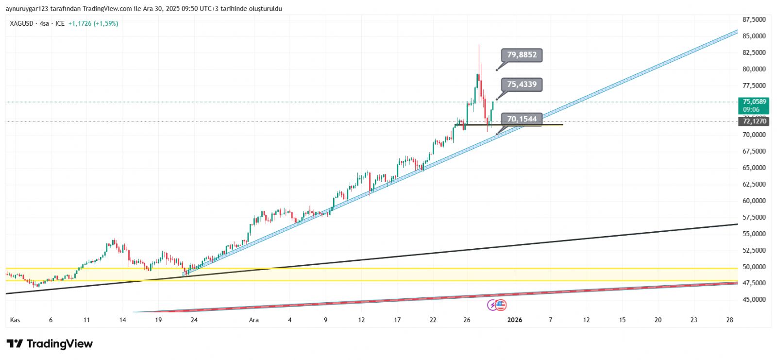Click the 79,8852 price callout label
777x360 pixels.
click(x=522, y=55)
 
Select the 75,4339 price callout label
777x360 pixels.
click(x=522, y=85)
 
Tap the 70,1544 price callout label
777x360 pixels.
click(x=522, y=119)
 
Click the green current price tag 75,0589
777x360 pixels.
click(x=754, y=105)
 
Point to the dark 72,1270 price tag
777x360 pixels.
click(x=754, y=121)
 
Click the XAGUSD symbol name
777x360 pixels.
click(x=21, y=23)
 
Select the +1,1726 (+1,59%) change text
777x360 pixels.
click(x=93, y=23)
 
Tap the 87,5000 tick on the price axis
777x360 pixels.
click(x=754, y=19)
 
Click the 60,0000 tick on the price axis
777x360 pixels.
click(x=754, y=201)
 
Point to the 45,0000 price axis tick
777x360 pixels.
click(x=754, y=299)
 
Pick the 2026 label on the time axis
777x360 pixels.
click(x=515, y=320)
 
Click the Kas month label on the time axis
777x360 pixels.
click(x=15, y=320)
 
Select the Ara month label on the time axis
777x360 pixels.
click(x=253, y=320)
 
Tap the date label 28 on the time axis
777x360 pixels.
click(x=729, y=320)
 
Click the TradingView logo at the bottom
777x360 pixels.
click(x=50, y=344)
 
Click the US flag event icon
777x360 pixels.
click(x=501, y=305)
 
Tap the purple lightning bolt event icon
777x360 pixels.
click(x=492, y=305)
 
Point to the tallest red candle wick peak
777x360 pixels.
click(x=479, y=45)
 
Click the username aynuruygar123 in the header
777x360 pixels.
click(x=27, y=9)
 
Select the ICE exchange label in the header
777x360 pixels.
click(x=60, y=23)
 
